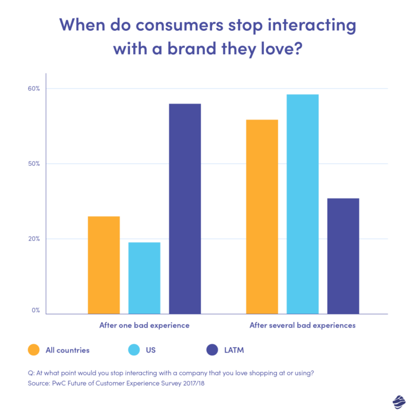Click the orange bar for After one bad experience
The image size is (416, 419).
[x=103, y=265]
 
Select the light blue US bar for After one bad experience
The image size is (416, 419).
[x=144, y=278]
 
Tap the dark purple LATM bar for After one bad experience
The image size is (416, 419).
[x=185, y=209]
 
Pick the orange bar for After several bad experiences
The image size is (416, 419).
[x=261, y=216]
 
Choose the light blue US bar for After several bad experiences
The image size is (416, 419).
[x=302, y=204]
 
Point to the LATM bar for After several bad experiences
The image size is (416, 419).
[x=343, y=256]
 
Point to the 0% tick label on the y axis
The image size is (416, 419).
[x=36, y=310]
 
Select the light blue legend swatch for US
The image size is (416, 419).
[x=134, y=350]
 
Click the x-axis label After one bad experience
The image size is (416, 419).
[x=144, y=326]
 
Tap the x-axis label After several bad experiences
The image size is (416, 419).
[x=302, y=326]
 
